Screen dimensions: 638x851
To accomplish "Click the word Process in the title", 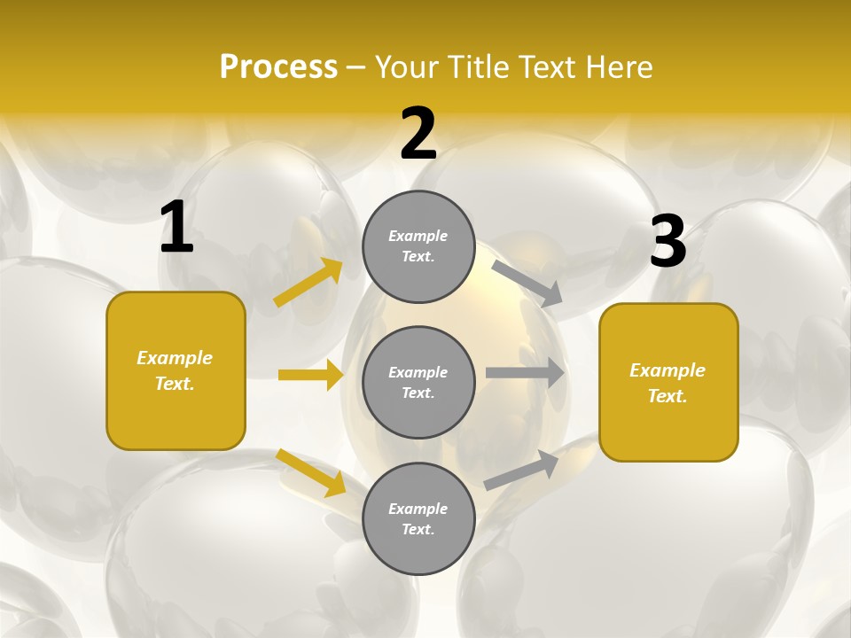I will (x=278, y=67).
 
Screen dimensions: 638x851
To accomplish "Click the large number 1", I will (x=176, y=228).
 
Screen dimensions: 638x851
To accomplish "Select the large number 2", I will (x=418, y=135).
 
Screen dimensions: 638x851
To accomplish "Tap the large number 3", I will (x=668, y=242).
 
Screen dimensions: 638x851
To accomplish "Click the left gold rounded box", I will (x=176, y=370).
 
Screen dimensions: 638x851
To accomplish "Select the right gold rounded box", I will (x=668, y=382).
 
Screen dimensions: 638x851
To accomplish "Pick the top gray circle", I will (x=419, y=246).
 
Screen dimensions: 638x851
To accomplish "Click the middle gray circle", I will (x=419, y=382).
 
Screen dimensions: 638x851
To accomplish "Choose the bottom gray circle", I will (x=419, y=518).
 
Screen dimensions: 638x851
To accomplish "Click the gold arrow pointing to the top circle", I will (x=308, y=284).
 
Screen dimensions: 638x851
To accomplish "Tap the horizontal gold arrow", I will (x=310, y=375).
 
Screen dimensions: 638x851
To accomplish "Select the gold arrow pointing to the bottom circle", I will (x=310, y=472).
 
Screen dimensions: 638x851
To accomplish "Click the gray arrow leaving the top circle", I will (x=527, y=284).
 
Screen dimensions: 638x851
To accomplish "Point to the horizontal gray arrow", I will (x=525, y=373).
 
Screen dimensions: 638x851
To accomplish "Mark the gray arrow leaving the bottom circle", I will (x=521, y=471).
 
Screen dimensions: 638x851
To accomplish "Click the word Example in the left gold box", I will (x=175, y=358).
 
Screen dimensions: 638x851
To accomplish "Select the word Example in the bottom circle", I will (x=418, y=509).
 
